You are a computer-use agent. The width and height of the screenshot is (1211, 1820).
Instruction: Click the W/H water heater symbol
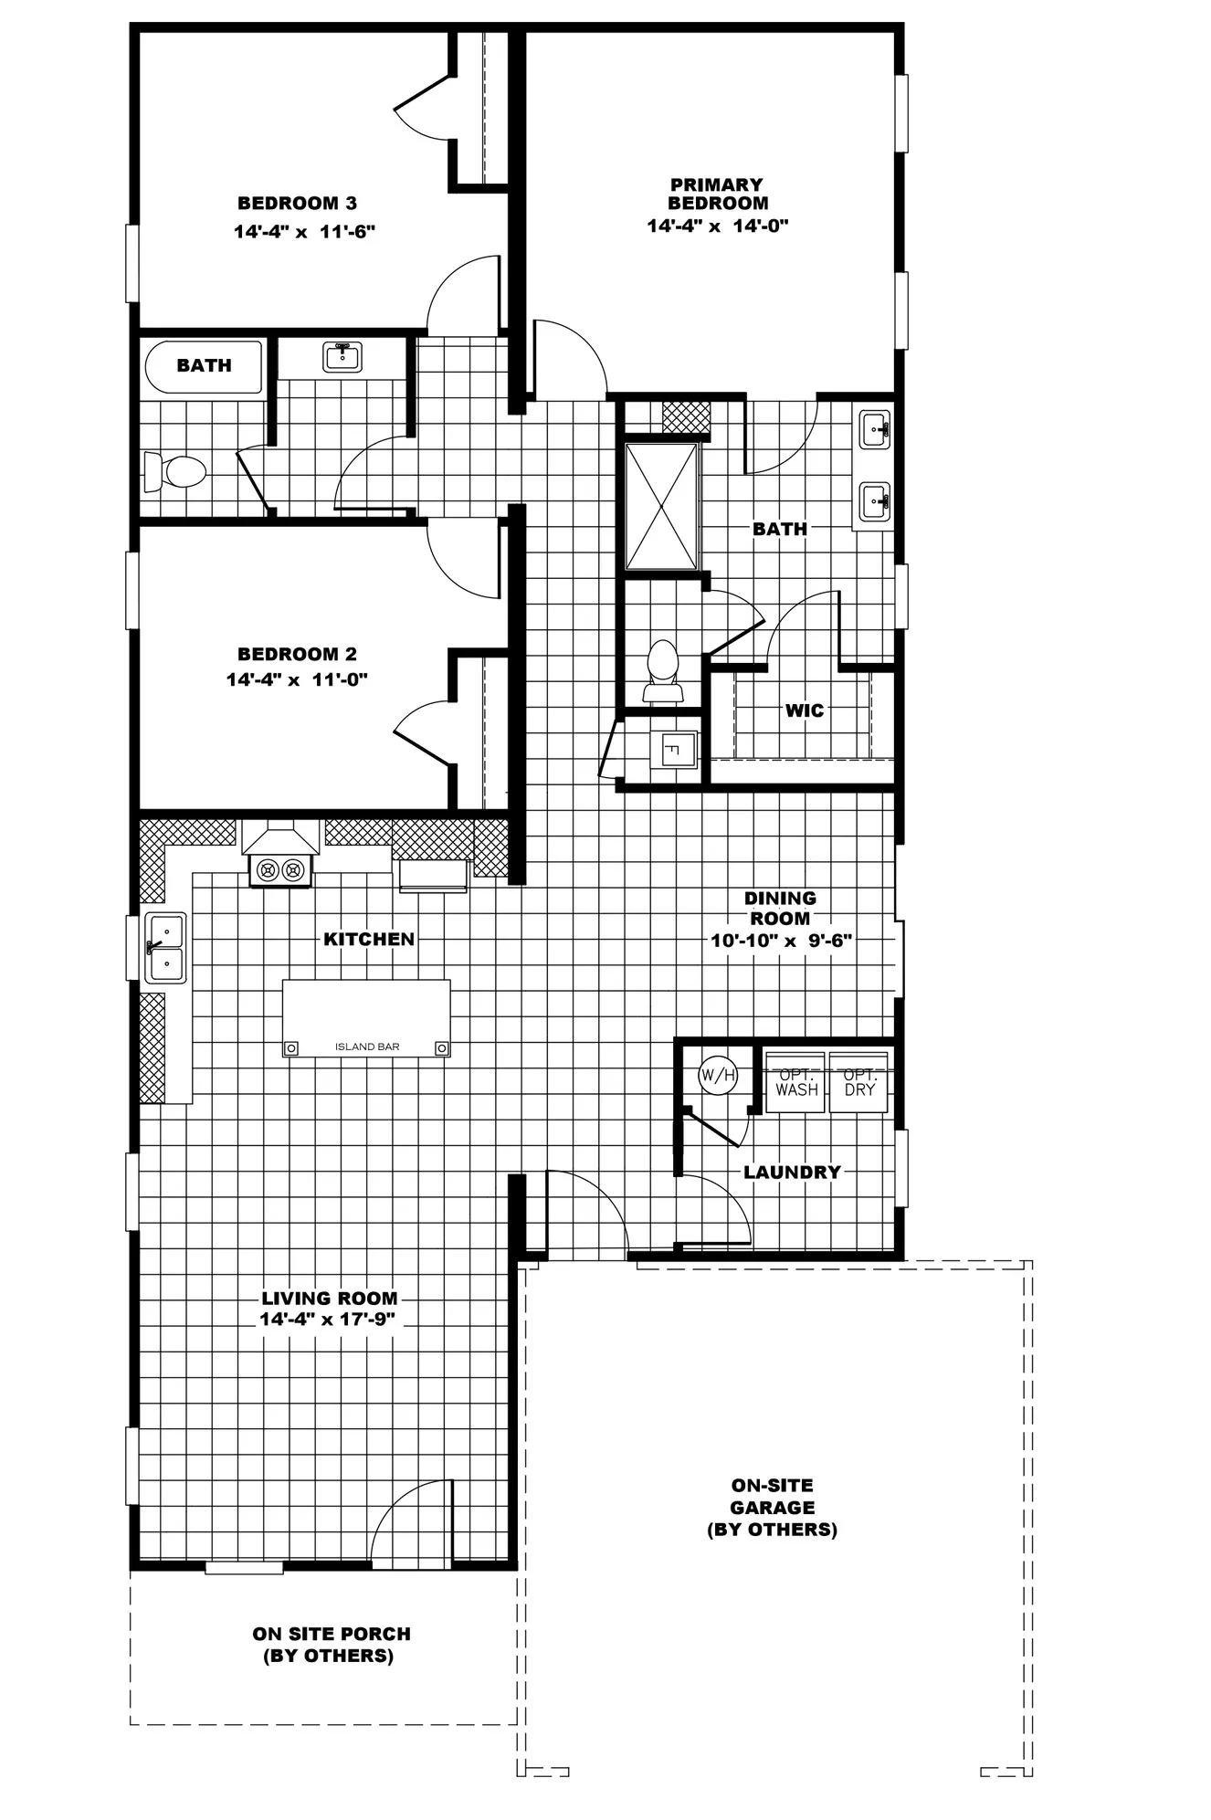tap(718, 1075)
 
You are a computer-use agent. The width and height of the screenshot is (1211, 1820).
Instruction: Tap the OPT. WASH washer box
tap(795, 1082)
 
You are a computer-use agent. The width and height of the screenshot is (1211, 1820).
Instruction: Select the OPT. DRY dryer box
tap(858, 1082)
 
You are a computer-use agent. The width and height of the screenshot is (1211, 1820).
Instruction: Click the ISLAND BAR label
tap(367, 1047)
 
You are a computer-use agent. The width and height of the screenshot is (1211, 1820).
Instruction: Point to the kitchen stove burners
tap(280, 870)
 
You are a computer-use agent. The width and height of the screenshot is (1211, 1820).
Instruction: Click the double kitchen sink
tap(165, 948)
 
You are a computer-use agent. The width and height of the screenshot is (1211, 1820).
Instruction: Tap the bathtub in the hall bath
tap(204, 366)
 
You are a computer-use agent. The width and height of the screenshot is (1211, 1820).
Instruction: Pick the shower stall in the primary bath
tap(661, 506)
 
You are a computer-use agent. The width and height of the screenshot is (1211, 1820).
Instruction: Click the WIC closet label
tap(805, 710)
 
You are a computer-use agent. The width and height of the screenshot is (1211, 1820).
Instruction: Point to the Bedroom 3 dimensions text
tap(305, 232)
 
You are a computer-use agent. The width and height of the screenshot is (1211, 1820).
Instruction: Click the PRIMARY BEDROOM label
tap(718, 194)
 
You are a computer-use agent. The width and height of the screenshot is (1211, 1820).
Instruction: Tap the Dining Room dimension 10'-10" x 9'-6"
tap(781, 940)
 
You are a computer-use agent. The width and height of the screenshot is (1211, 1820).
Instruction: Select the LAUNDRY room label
tap(792, 1173)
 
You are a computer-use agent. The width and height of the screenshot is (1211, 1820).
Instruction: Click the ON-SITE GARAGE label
tap(772, 1508)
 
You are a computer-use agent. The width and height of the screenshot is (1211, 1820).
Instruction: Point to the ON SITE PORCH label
tap(331, 1644)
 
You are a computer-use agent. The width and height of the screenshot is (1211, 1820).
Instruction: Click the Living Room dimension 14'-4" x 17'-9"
tap(327, 1320)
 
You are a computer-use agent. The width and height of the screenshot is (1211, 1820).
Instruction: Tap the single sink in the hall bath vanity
tap(342, 355)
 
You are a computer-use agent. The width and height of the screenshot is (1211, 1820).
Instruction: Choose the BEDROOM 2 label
tap(297, 654)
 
